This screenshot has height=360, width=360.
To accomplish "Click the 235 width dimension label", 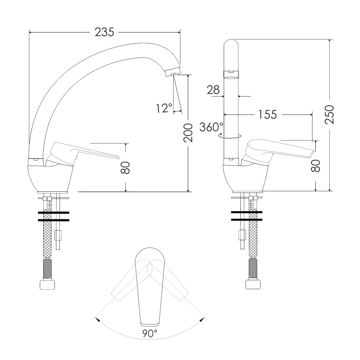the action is tap(104, 32).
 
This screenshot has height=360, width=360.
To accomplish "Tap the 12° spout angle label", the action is tap(164, 108).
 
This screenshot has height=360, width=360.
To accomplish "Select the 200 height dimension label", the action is tap(188, 133).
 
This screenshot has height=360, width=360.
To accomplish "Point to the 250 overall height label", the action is tap(329, 115).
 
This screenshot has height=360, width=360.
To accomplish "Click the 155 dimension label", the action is tap(268, 114).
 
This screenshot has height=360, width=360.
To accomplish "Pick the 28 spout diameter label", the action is tap(213, 90).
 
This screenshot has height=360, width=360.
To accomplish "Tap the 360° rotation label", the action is tap(211, 127).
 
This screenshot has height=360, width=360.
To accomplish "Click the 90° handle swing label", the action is tap(150, 333).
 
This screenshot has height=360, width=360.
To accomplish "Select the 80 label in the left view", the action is tap(126, 167).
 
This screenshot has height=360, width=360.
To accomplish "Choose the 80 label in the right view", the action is tap(316, 166).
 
